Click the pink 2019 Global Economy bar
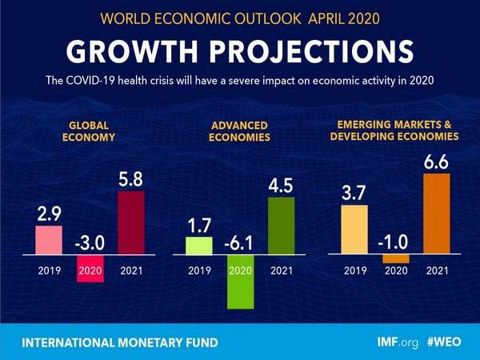[x=48, y=238]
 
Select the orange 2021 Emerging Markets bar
[x=436, y=214]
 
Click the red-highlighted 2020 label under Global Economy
[x=90, y=270]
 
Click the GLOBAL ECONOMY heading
[x=89, y=130]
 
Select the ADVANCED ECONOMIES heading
[x=240, y=130]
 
